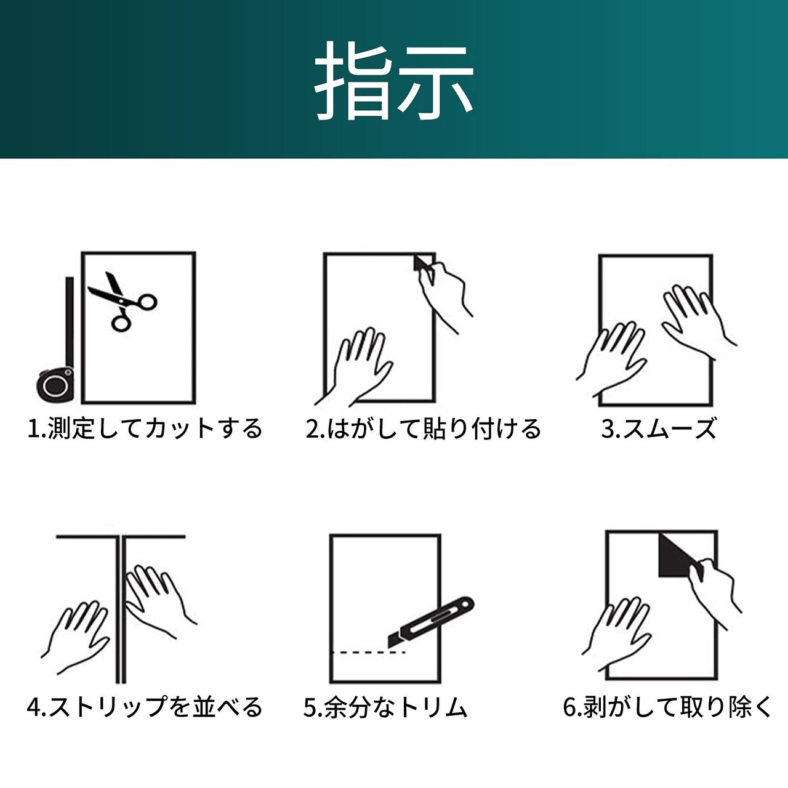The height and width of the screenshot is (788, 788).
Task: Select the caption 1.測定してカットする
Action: (x=145, y=429)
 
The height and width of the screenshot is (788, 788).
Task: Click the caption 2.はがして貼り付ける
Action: (x=424, y=429)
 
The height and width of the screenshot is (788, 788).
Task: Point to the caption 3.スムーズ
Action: (x=659, y=429)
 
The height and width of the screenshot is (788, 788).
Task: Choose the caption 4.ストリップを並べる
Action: (x=144, y=707)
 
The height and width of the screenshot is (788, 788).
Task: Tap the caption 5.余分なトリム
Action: (x=385, y=707)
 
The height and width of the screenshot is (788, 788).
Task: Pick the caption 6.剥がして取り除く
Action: (x=667, y=707)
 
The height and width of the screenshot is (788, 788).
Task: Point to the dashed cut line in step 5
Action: (x=369, y=652)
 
